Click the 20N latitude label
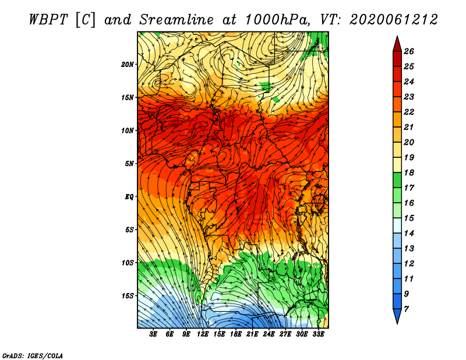[127, 64]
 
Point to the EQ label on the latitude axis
[129, 196]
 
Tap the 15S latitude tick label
[128, 296]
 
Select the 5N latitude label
[129, 164]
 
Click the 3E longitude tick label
[153, 334]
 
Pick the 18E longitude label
[235, 334]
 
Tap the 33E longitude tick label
[318, 334]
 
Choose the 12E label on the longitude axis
[202, 334]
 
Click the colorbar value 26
[409, 51]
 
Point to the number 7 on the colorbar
[406, 309]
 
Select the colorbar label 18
[409, 172]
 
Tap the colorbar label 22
[409, 112]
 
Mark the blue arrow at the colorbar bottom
[397, 316]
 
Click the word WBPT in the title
[49, 20]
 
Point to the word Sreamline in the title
[176, 20]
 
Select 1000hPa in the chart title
[276, 20]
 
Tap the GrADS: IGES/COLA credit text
[33, 356]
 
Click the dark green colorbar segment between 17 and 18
[397, 180]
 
